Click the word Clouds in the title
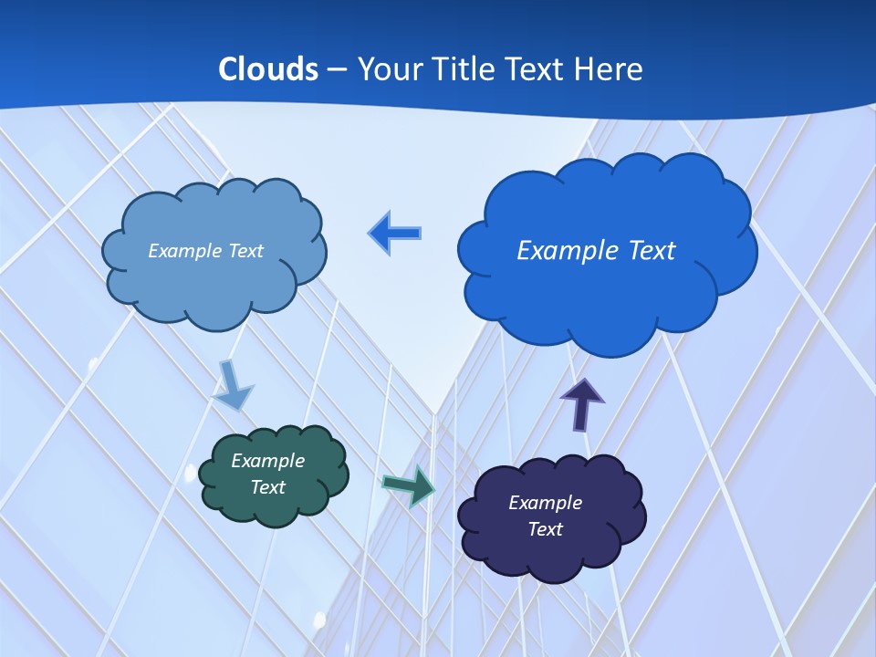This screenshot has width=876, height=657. pyautogui.click(x=267, y=68)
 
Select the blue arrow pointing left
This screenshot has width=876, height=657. pyautogui.click(x=394, y=234)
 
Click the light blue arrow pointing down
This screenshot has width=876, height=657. pyautogui.click(x=233, y=384)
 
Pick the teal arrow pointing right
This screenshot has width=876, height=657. pyautogui.click(x=410, y=485)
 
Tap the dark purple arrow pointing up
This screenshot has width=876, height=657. pyautogui.click(x=582, y=404)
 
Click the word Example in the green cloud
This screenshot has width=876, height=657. pyautogui.click(x=267, y=461)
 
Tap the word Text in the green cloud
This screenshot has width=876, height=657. pyautogui.click(x=267, y=487)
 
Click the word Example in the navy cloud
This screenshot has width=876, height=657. pyautogui.click(x=545, y=503)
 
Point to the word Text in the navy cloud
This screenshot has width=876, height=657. pyautogui.click(x=545, y=529)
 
